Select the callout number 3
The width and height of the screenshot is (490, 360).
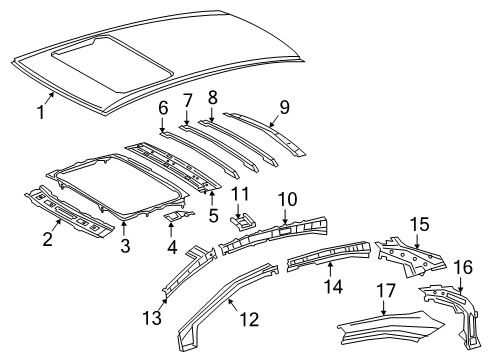click(x=124, y=244)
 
